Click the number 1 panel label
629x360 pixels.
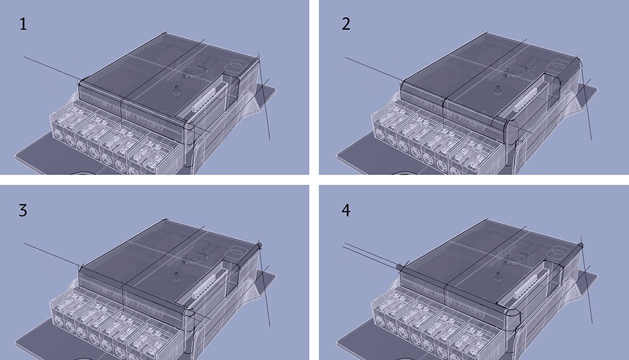(23, 24)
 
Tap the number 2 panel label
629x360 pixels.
(346, 24)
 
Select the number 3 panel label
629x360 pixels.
(23, 210)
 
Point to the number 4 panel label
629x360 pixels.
(346, 210)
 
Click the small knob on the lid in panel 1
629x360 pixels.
(175, 91)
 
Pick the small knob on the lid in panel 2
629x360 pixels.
(498, 91)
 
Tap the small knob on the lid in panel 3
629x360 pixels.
(175, 278)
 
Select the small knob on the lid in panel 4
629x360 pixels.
(498, 278)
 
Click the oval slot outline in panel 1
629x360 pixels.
(237, 65)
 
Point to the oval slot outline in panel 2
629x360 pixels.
(559, 65)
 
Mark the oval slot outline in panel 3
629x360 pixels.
(237, 252)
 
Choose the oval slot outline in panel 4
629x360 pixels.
(559, 252)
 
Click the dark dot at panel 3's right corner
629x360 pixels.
(260, 245)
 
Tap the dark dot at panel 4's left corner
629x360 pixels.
(399, 267)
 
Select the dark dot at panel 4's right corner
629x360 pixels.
(581, 245)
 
